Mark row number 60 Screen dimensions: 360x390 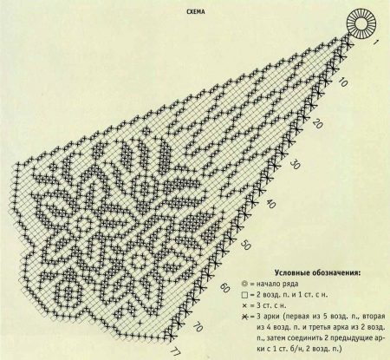(x=224, y=285)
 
